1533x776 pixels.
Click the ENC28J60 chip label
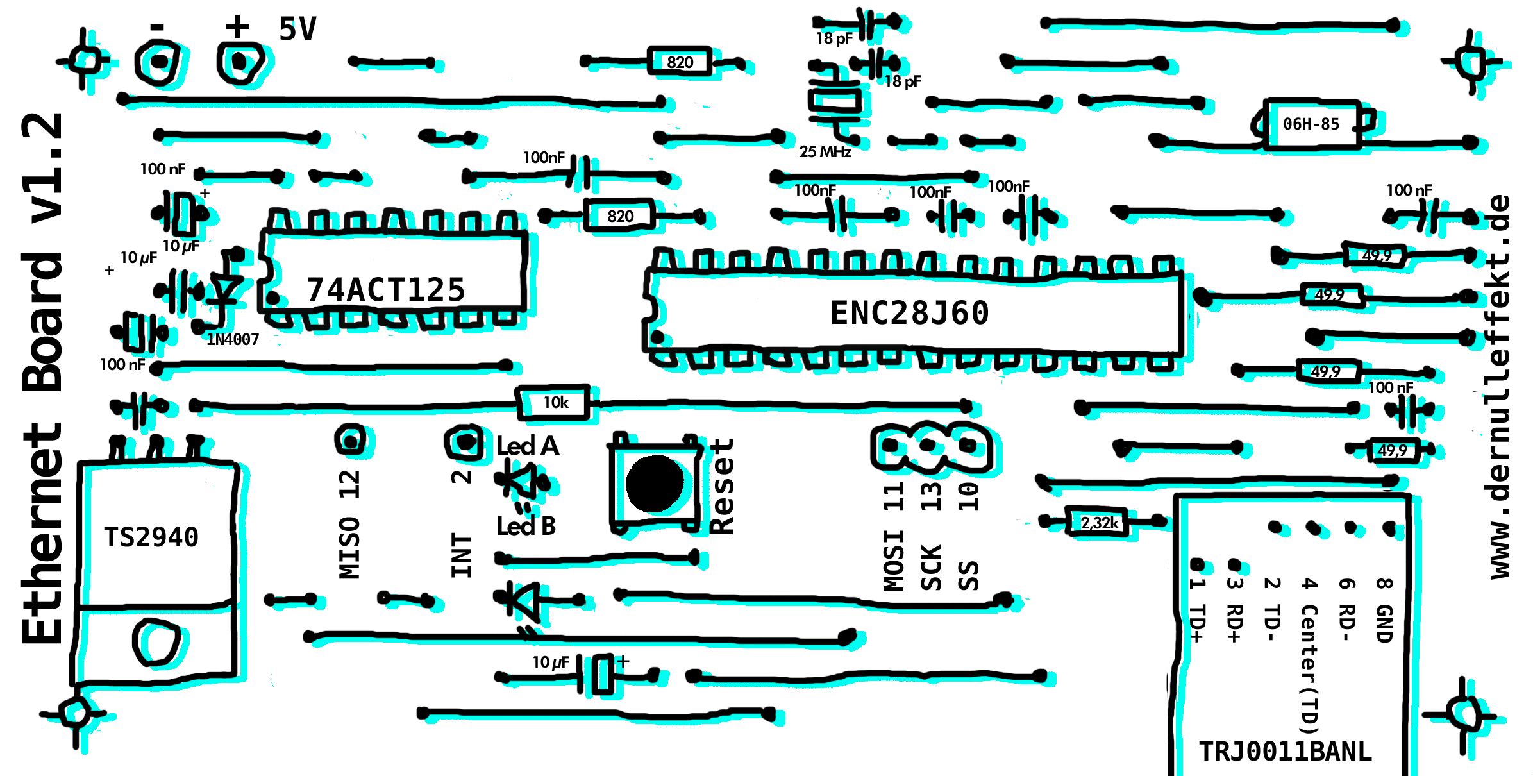909,313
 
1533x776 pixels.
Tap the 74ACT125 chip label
385,290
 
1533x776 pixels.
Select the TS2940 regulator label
151,537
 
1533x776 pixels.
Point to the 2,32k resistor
1099,523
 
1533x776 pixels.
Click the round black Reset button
655,484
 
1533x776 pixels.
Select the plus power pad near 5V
239,62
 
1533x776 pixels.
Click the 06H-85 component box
1311,124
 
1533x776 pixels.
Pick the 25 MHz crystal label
825,152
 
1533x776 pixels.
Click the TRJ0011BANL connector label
1285,751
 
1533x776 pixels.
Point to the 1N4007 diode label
233,339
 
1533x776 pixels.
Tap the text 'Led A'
528,446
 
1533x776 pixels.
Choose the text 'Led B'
526,526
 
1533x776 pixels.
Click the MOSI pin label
893,559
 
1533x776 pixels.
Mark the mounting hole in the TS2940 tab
156,641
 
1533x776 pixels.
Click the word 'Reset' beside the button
722,487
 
